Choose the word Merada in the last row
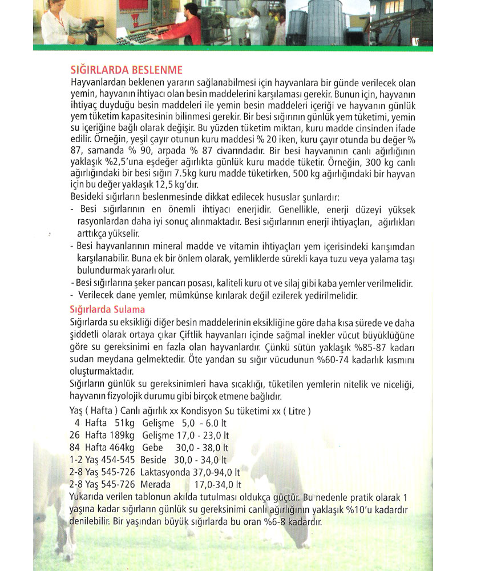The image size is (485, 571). click(x=155, y=484)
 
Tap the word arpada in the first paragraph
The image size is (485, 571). click(x=189, y=151)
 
